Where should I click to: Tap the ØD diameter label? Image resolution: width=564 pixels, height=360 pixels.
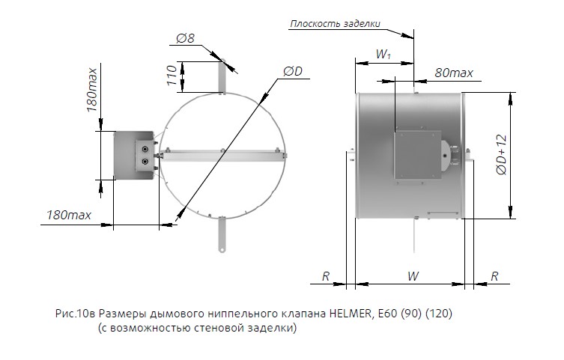point(292,71)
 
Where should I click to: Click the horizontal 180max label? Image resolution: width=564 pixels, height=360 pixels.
point(69,215)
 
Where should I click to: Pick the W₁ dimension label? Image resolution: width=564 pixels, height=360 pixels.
point(383,55)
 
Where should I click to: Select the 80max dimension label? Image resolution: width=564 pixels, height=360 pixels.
point(454,73)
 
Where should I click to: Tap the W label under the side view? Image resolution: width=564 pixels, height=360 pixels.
point(413,276)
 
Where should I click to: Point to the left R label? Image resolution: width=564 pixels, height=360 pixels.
point(326,276)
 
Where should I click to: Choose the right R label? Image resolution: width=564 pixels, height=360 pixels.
point(494,276)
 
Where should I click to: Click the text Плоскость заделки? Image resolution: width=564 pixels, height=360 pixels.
point(335,24)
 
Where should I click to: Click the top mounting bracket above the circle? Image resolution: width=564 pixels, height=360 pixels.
point(222,75)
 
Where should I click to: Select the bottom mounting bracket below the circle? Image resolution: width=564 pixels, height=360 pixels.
point(222,234)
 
